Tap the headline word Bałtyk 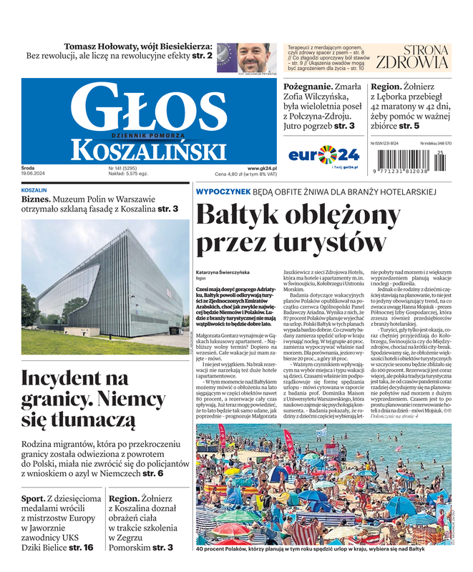pos(241,215)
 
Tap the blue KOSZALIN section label pos(34,191)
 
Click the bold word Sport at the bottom pos(33,498)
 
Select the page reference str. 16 pos(81,547)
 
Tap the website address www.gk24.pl pos(262,167)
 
